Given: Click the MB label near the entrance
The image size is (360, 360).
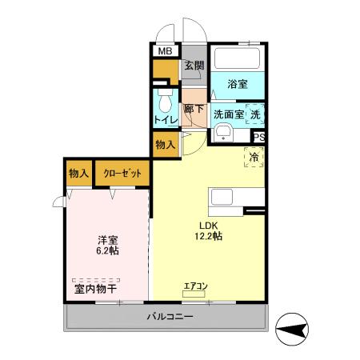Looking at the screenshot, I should [165, 52].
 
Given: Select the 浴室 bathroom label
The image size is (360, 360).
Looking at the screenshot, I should [236, 83].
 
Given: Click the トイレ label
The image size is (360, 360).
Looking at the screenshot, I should [166, 121].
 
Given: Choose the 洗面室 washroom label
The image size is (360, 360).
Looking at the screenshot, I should [227, 114].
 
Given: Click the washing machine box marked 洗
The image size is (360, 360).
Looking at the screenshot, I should [254, 114].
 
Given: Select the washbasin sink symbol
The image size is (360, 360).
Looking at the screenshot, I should [222, 133].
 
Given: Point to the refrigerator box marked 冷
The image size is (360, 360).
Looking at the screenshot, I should [254, 156].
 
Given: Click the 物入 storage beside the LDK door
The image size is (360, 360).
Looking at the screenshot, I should [166, 145].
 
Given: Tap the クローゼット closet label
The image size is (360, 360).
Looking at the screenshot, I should [122, 174].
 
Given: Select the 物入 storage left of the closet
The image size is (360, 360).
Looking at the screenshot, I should [78, 174].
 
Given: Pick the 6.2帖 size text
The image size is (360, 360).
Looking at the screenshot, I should [109, 251].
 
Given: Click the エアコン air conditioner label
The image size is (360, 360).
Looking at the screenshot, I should [195, 286].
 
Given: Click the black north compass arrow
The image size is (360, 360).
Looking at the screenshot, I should [294, 328].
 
